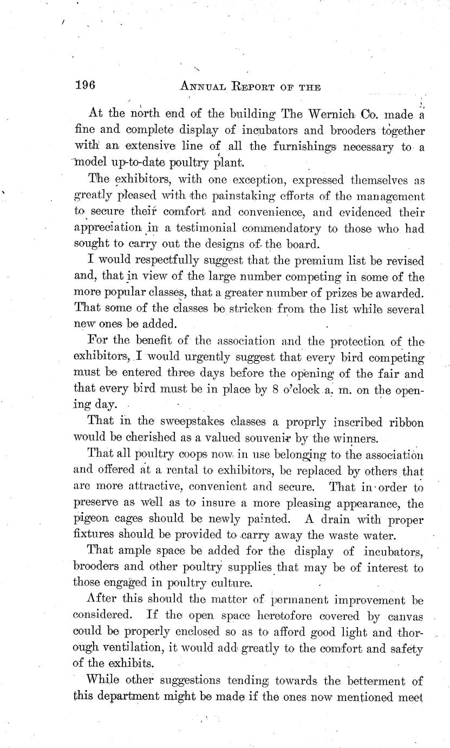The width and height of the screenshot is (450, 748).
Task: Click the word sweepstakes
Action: tap(185, 422)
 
